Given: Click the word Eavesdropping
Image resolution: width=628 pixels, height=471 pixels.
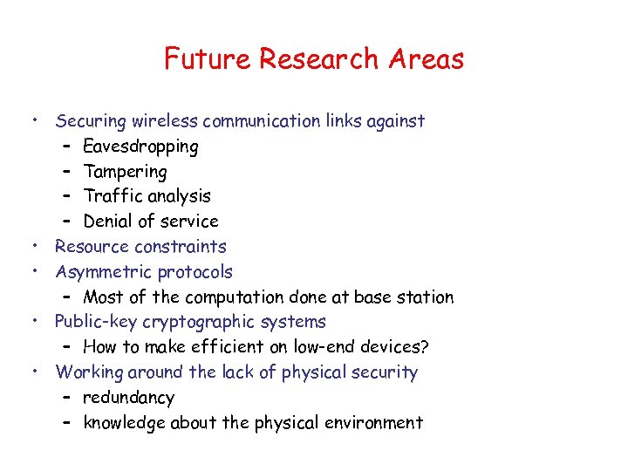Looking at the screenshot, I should pos(140,147).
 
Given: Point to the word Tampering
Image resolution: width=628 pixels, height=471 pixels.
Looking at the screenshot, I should pos(125,172).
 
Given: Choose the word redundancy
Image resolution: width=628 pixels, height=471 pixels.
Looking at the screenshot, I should pos(128,398).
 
